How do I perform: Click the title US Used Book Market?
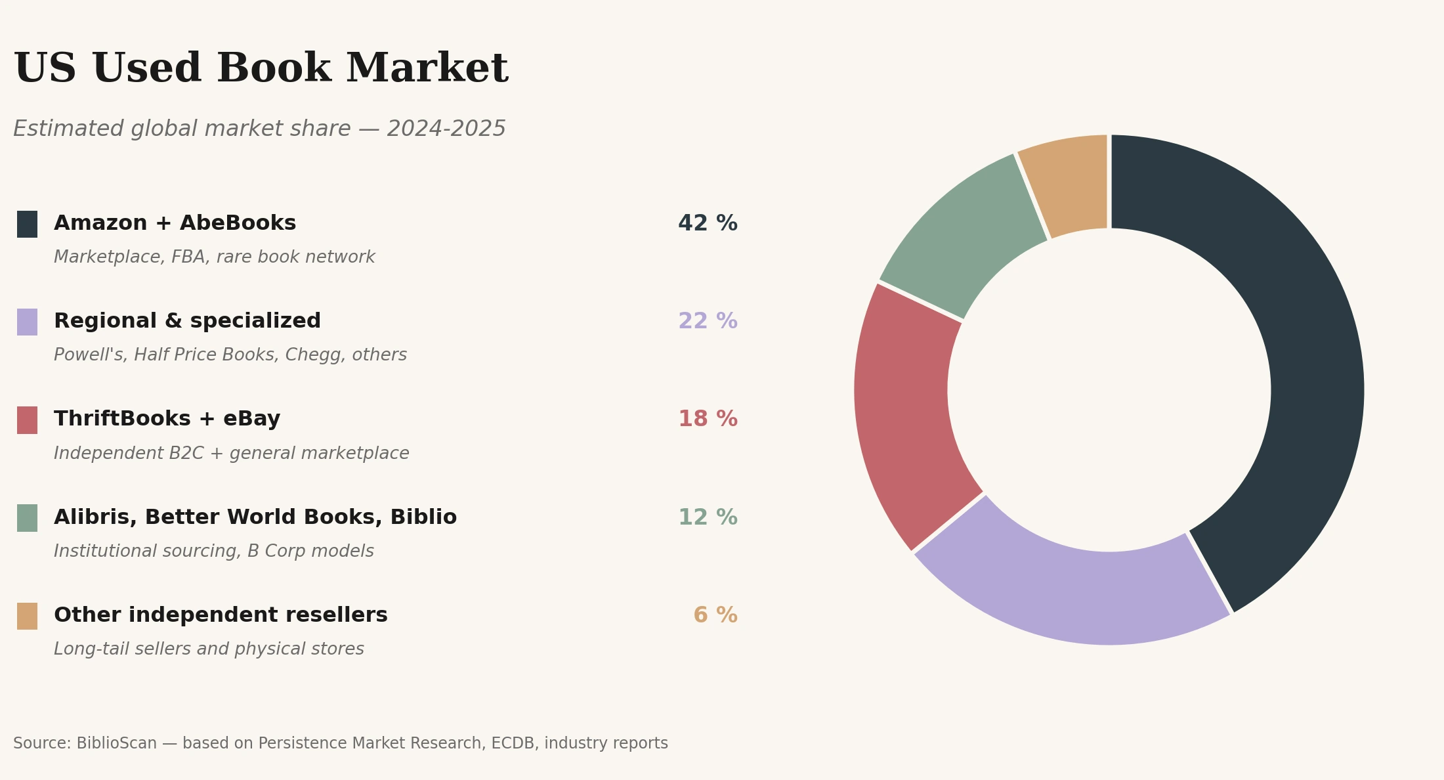[261, 69]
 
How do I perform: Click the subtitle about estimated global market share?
[259, 129]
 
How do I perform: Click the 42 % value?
[708, 224]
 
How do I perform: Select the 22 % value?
[708, 322]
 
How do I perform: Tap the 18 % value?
[708, 420]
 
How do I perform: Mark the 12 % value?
[708, 518]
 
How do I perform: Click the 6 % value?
[715, 616]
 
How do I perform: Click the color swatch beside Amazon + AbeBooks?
[27, 224]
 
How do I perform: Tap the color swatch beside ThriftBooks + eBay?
[27, 420]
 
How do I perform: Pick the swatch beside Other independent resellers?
[27, 616]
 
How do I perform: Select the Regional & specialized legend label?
[187, 322]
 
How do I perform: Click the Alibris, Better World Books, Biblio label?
[255, 518]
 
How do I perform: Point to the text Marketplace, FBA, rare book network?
[214, 257]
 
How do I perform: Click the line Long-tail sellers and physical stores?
[209, 649]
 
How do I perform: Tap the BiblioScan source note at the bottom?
[340, 743]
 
